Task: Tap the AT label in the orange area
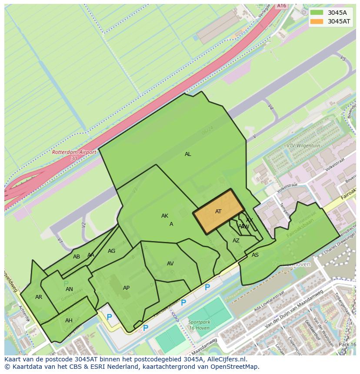(x=218, y=212)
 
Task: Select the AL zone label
(x=188, y=154)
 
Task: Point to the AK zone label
(x=165, y=216)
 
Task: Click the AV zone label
(x=170, y=264)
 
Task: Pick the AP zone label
(x=126, y=288)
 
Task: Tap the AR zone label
(x=39, y=297)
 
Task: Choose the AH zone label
(x=69, y=321)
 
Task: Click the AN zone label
(x=69, y=289)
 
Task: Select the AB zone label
(x=77, y=257)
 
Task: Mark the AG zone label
(x=112, y=251)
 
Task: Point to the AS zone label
(x=255, y=255)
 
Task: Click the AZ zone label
(x=236, y=241)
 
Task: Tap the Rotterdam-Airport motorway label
(x=68, y=155)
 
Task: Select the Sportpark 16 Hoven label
(x=199, y=325)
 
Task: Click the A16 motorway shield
(x=282, y=6)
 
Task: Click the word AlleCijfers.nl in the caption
(x=226, y=359)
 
